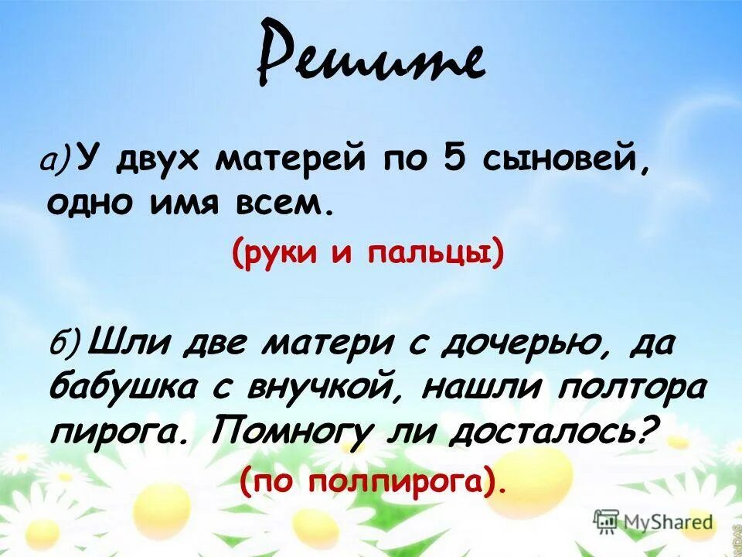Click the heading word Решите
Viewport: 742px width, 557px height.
tap(371, 62)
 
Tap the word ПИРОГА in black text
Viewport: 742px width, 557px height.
tap(116, 429)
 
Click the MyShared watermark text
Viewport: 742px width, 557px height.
tap(668, 521)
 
